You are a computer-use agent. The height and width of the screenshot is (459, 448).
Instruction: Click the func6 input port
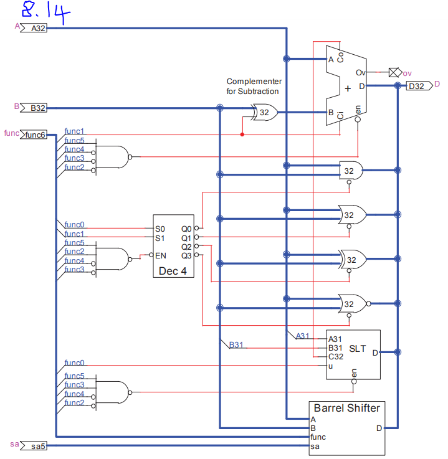pyautogui.click(x=34, y=135)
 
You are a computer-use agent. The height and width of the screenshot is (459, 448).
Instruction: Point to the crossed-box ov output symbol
pyautogui.click(x=393, y=73)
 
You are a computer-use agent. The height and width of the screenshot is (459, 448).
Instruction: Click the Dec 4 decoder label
pyautogui.click(x=173, y=271)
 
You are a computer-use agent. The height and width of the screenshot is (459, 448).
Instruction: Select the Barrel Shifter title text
pyautogui.click(x=346, y=408)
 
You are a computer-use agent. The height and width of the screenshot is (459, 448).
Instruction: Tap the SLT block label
pyautogui.click(x=358, y=348)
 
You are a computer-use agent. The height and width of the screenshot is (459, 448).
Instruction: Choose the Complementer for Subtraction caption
pyautogui.click(x=253, y=87)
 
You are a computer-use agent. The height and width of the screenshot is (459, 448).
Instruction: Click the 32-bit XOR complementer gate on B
pyautogui.click(x=264, y=113)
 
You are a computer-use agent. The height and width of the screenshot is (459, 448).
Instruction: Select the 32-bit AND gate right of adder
pyautogui.click(x=351, y=170)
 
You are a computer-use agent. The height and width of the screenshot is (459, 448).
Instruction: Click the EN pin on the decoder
pyautogui.click(x=160, y=255)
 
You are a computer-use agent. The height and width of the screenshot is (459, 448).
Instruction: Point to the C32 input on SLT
pyautogui.click(x=335, y=357)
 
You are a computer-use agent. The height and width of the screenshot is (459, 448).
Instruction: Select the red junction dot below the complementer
pyautogui.click(x=242, y=134)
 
